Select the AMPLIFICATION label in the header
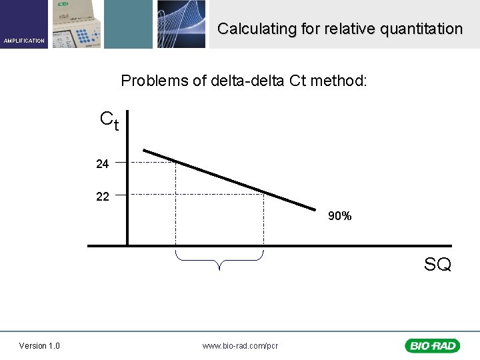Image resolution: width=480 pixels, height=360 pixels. [24, 41]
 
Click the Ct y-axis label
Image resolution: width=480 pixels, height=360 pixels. [109, 120]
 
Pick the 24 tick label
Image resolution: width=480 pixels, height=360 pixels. [102, 163]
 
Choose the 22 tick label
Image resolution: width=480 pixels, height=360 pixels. [102, 196]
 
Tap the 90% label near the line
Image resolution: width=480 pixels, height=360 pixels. [339, 217]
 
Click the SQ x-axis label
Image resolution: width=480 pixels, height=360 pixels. [437, 265]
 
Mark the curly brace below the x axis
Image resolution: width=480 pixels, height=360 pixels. [219, 259]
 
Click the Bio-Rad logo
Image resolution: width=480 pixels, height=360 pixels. [433, 345]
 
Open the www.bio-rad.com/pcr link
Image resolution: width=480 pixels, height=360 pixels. [240, 345]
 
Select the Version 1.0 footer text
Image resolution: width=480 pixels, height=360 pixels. [39, 345]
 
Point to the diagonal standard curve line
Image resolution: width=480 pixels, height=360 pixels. [227, 179]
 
